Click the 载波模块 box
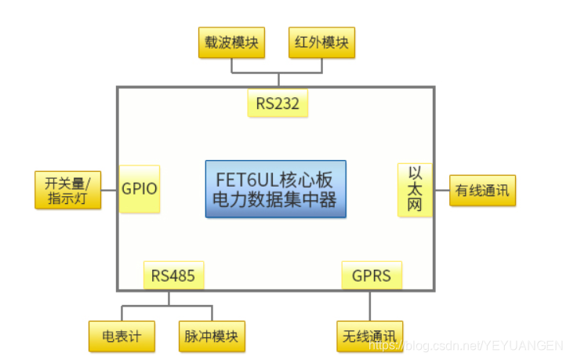pyautogui.click(x=231, y=42)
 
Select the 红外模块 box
pyautogui.click(x=321, y=42)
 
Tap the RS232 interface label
pyautogui.click(x=277, y=103)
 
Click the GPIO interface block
pyautogui.click(x=140, y=189)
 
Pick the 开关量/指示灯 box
pyautogui.click(x=68, y=190)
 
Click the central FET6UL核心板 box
pyautogui.click(x=275, y=189)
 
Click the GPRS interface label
pyautogui.click(x=372, y=275)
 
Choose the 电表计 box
pyautogui.click(x=122, y=336)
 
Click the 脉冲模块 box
pyautogui.click(x=212, y=336)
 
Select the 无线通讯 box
pyautogui.click(x=370, y=336)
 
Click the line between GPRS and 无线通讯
pyautogui.click(x=370, y=305)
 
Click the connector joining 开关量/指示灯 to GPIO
pyautogui.click(x=110, y=190)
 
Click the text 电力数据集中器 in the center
pyautogui.click(x=275, y=200)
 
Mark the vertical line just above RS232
pyautogui.click(x=278, y=80)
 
